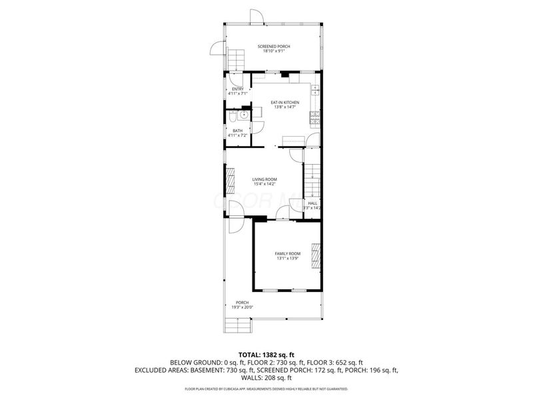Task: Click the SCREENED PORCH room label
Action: pos(274,46)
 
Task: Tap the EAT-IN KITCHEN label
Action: pos(284,102)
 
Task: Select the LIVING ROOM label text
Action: pos(265,179)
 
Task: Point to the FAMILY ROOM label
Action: pos(288,253)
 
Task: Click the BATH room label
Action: pos(237,131)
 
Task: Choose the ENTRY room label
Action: pos(237,89)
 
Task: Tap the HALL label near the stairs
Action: pos(312,203)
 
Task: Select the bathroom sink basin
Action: pos(245,115)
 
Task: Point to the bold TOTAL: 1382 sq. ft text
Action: pos(266,355)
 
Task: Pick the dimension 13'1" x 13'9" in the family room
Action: pos(288,259)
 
